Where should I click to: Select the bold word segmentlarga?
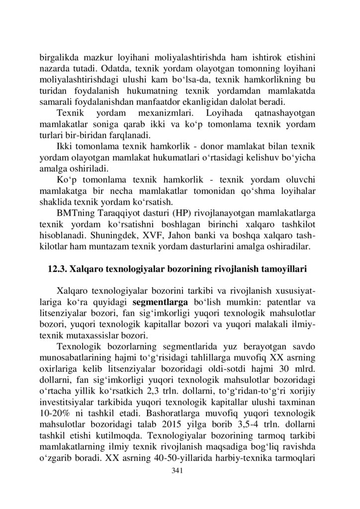[x=160, y=301]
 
